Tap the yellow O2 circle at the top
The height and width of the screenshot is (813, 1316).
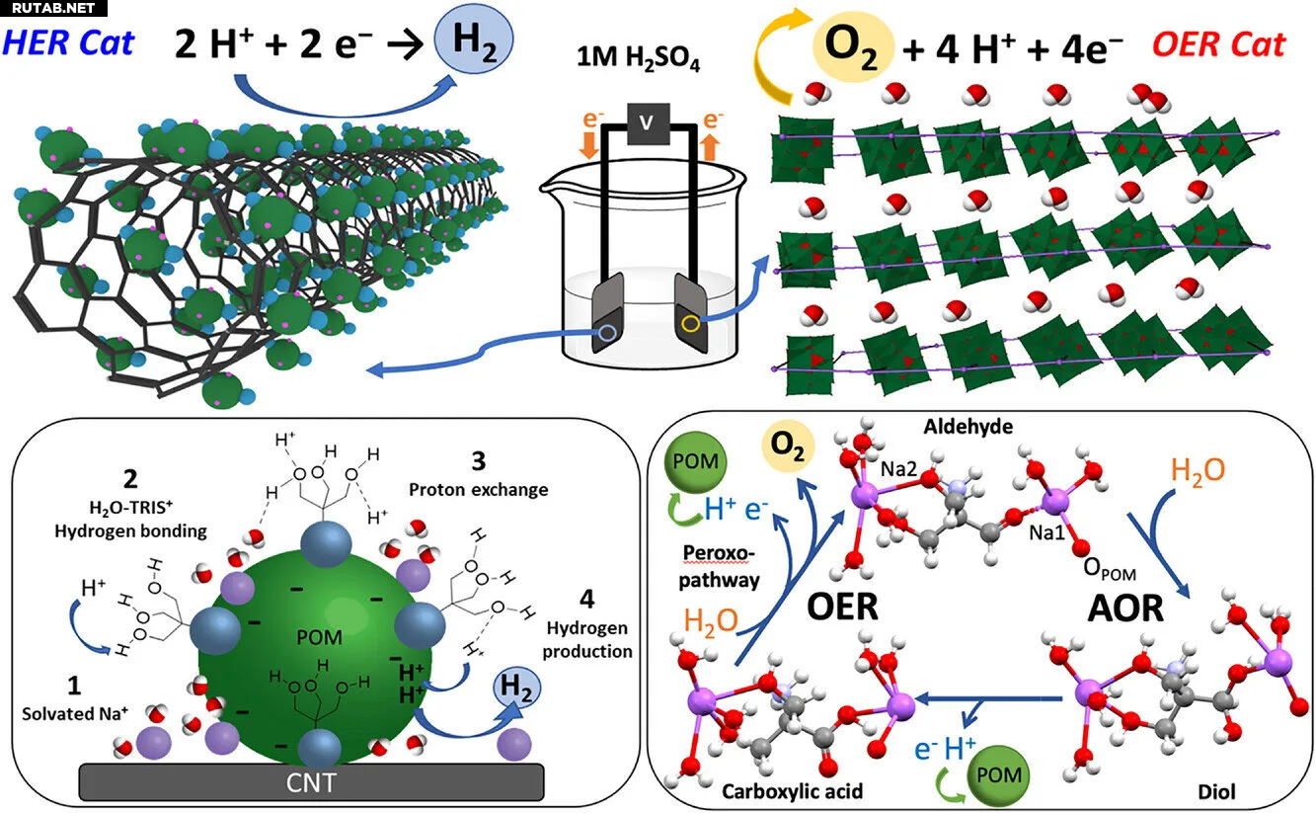tap(852, 45)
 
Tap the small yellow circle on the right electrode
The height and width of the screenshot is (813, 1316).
tap(690, 322)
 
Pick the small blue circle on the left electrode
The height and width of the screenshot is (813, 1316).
tap(606, 334)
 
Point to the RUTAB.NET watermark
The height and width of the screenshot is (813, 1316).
tap(48, 9)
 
